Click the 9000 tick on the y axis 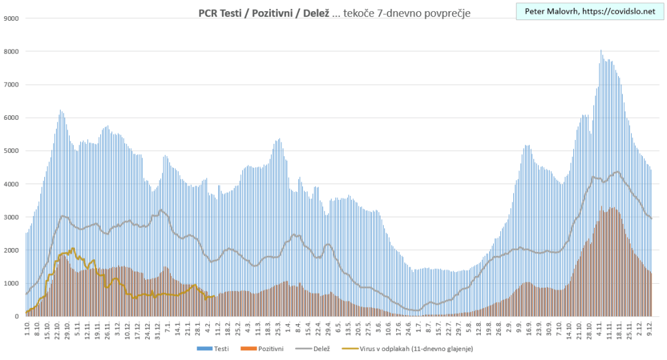click(x=10, y=18)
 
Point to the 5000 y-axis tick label click(x=10, y=151)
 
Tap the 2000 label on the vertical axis click(x=10, y=251)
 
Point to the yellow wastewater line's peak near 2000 click(x=72, y=249)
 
